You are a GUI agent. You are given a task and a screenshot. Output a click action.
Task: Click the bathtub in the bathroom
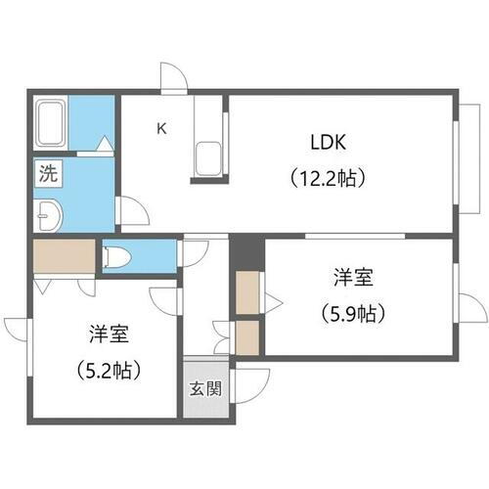click(x=50, y=123)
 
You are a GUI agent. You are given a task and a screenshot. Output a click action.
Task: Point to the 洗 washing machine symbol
click(x=46, y=176)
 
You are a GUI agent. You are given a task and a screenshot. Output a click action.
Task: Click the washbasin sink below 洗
click(x=45, y=214)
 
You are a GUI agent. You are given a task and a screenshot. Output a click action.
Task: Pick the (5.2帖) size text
click(x=107, y=371)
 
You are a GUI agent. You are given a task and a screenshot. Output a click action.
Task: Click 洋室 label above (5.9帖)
click(x=351, y=279)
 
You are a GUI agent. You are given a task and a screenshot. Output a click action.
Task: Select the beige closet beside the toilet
click(x=63, y=256)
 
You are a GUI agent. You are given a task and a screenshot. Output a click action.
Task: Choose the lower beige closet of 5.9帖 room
click(x=248, y=337)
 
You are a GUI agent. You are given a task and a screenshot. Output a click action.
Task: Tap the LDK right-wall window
click(x=457, y=161)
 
